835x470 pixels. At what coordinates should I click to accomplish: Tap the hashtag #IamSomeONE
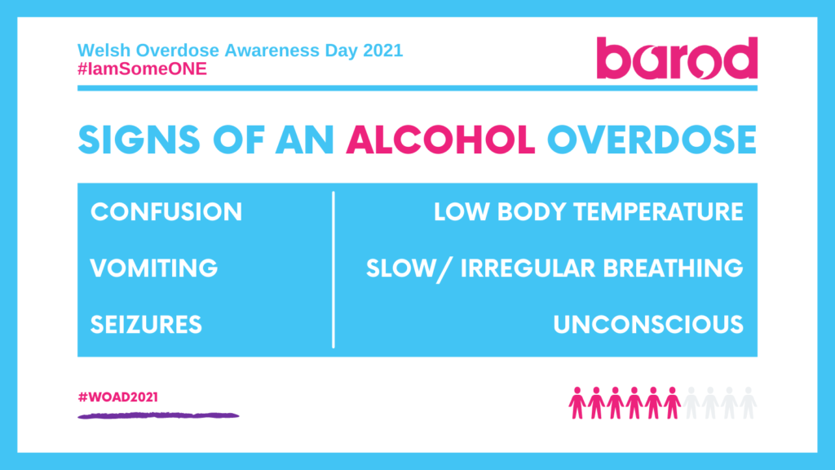142,69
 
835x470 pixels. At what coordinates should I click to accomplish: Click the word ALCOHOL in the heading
441,141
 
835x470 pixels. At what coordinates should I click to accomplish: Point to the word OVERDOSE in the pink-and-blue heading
652,141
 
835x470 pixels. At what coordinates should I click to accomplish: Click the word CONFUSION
166,212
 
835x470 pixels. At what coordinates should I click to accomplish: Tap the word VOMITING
154,268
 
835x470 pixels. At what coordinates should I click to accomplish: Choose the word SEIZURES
146,324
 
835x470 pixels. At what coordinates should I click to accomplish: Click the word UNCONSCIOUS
648,324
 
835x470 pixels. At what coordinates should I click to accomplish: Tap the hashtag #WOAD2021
117,397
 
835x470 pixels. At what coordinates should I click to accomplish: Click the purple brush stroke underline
158,416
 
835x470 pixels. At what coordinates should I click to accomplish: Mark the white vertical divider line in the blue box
334,269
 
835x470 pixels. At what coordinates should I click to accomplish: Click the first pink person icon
577,402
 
